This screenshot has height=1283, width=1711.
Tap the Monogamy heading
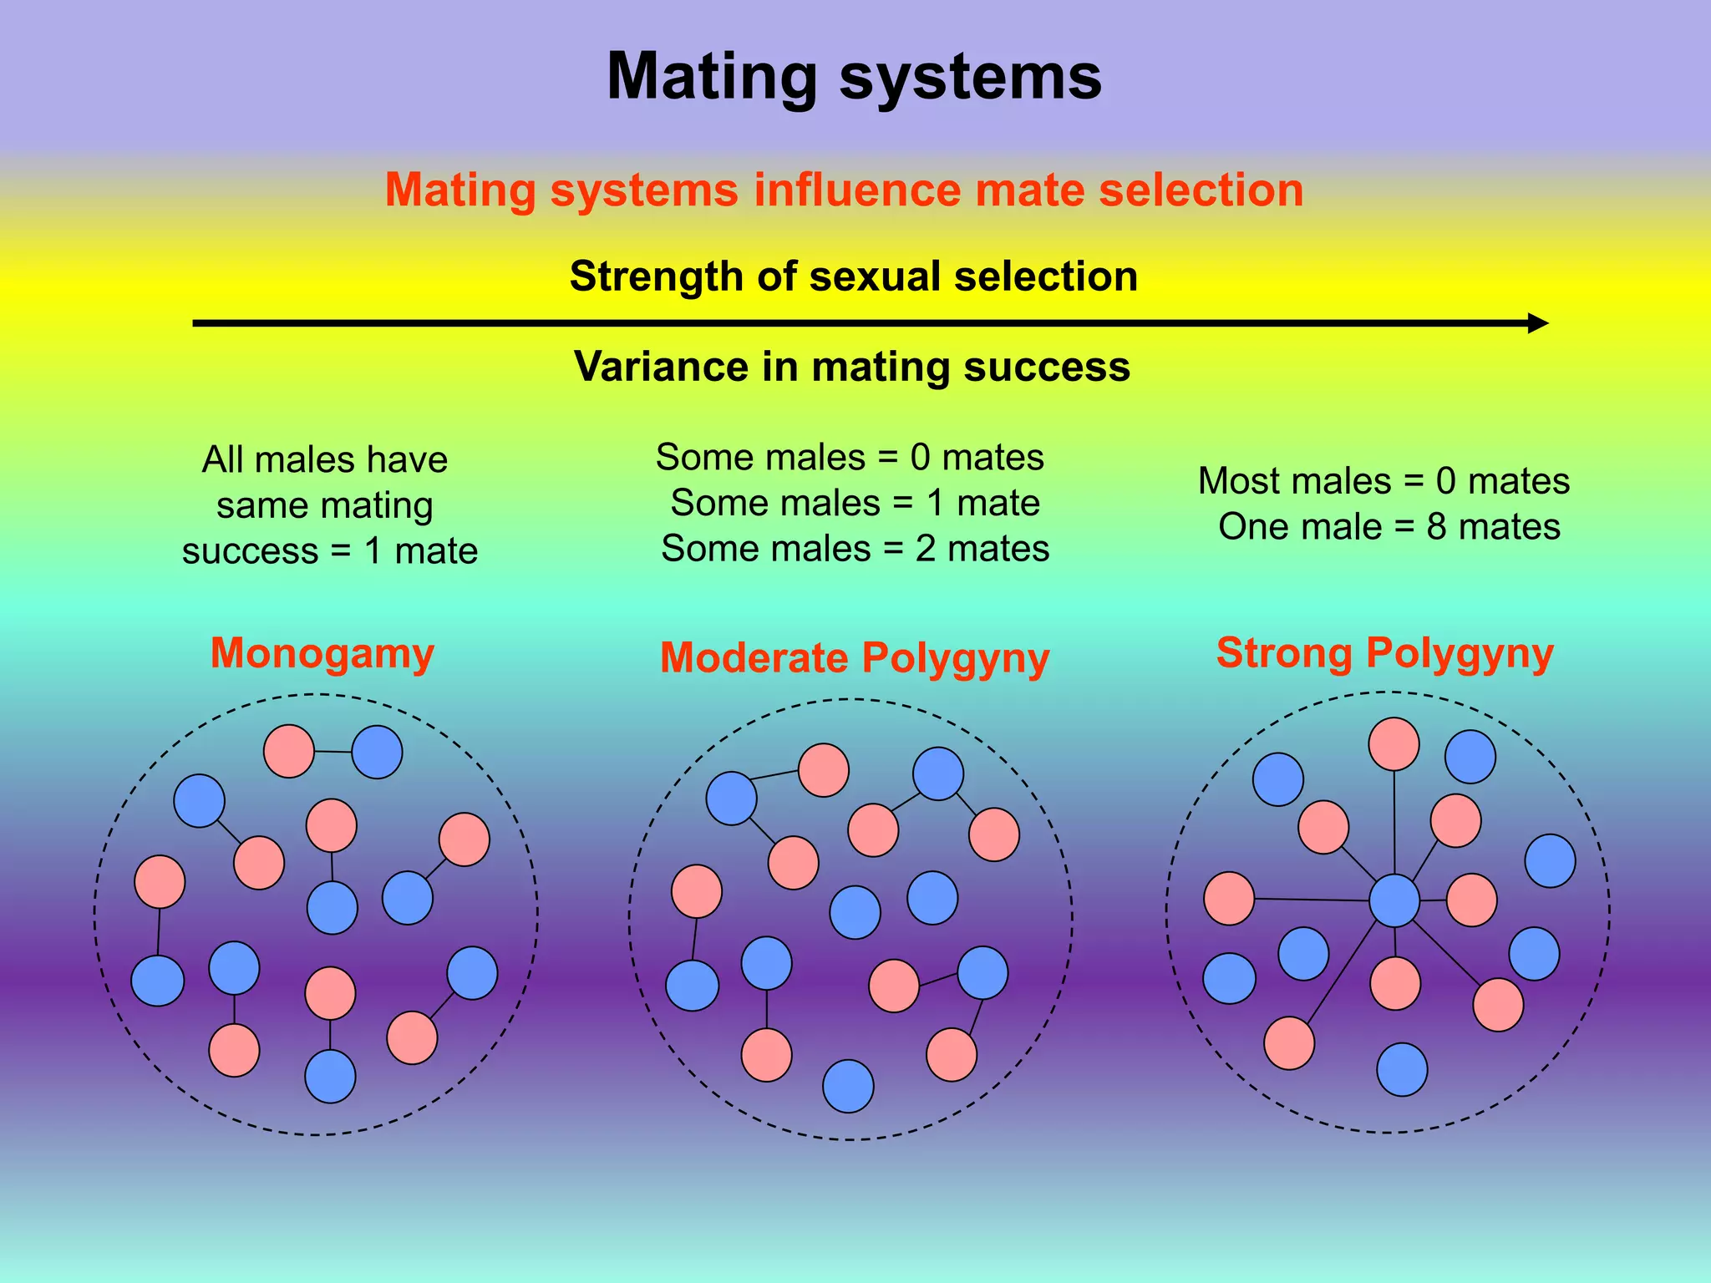click(x=322, y=653)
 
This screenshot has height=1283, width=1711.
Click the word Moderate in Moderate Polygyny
click(x=754, y=658)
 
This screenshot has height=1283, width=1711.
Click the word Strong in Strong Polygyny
click(x=1283, y=653)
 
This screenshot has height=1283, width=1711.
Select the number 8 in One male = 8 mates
click(x=1436, y=527)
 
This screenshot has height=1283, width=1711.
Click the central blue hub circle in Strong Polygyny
click(x=1394, y=900)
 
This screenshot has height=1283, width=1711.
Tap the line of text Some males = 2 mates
click(x=855, y=549)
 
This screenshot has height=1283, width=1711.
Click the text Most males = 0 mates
click(x=1384, y=482)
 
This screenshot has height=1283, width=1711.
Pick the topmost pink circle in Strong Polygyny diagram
click(x=1394, y=743)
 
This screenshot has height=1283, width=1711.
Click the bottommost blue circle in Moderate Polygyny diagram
click(x=848, y=1086)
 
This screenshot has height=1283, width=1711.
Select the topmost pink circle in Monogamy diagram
click(x=289, y=751)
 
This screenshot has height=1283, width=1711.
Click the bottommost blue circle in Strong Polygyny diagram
click(x=1402, y=1069)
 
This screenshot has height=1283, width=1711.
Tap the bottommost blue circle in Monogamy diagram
click(x=330, y=1077)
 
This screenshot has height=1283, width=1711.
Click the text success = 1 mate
click(x=329, y=551)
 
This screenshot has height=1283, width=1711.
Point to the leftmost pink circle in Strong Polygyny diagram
click(x=1229, y=899)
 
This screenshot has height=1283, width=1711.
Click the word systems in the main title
click(x=970, y=78)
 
